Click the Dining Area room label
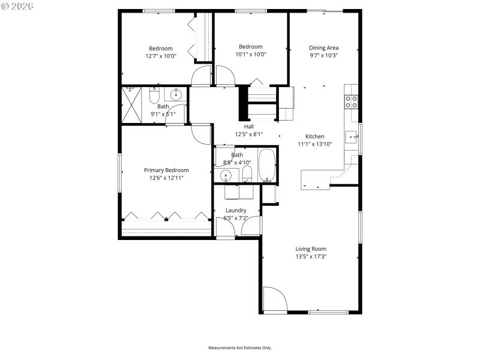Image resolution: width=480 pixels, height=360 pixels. coord(323,48)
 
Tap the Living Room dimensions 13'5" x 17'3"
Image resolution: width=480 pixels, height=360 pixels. coord(311,257)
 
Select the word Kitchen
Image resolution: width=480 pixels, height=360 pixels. coord(314,136)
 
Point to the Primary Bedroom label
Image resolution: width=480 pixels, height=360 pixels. coord(166,170)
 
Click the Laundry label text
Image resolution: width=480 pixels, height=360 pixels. coord(235,210)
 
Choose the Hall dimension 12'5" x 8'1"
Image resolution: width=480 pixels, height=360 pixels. coord(248,134)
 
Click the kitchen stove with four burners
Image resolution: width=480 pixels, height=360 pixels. coord(351,101)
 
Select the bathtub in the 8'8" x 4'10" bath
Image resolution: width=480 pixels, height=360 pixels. coord(266,166)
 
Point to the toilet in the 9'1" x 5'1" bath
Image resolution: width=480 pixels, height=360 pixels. coord(154,96)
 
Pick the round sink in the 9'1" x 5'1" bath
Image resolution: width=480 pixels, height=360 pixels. coord(176,95)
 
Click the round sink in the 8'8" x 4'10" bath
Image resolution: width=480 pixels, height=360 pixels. coord(226,175)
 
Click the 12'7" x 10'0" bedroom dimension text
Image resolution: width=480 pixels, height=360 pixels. coord(161,56)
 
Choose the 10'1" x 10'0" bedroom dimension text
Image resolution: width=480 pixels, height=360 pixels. coord(251,54)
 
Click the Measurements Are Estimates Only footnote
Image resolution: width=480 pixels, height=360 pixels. coord(240,348)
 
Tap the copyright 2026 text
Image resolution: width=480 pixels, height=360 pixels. coord(17,6)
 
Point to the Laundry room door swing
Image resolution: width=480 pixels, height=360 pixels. coord(254,226)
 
